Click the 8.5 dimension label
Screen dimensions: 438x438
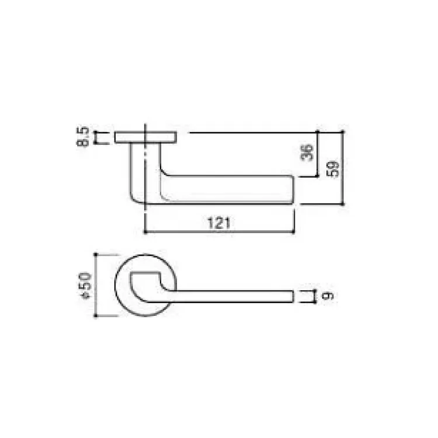83,137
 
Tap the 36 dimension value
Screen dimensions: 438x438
307,152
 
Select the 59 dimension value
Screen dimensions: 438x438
333,169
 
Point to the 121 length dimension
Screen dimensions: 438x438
219,223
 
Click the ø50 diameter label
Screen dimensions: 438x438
85,286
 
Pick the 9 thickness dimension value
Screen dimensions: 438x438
328,296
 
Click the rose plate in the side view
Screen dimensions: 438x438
145,137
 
